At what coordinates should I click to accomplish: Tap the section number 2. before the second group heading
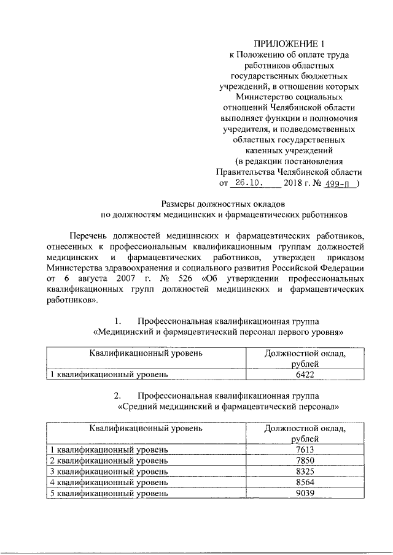[119, 395]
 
